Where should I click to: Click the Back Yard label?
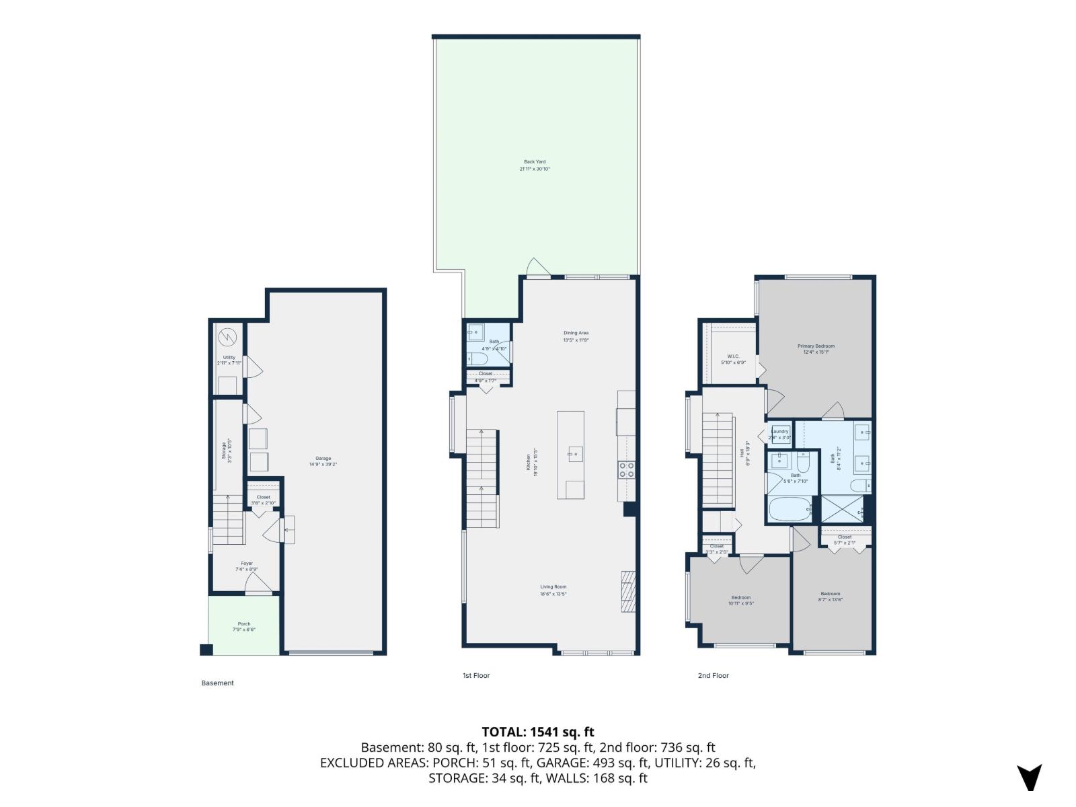[535, 162]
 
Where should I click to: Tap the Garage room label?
[323, 459]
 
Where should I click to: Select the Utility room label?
[229, 358]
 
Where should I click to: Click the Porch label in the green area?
[243, 624]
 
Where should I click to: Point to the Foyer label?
[246, 564]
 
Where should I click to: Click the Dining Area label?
[576, 333]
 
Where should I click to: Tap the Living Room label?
[553, 587]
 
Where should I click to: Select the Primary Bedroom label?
[816, 346]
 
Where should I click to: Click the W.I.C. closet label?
[733, 356]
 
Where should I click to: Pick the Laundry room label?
[779, 432]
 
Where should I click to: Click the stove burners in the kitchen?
[626, 469]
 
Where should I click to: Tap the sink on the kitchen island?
[574, 454]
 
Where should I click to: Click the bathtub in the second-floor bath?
[790, 510]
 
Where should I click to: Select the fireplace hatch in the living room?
[627, 592]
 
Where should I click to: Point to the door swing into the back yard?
[538, 266]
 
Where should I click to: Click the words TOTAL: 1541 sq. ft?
[537, 732]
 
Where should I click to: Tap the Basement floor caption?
[217, 683]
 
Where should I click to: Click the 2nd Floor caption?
[713, 675]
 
